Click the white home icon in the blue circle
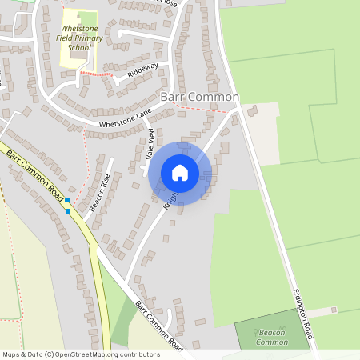[180, 173]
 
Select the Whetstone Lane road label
[125, 119]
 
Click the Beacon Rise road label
[99, 193]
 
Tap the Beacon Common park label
[271, 337]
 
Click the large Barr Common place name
[200, 97]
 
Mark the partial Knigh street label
[170, 198]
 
